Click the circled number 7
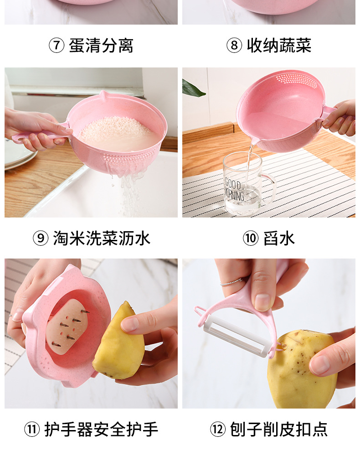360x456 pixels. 57,46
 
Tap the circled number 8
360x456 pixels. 234,46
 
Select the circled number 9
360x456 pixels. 41,238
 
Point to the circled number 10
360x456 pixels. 250,238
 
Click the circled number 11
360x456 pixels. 31,430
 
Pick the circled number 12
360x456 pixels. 217,430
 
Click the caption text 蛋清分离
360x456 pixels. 101,46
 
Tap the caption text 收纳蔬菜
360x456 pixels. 279,46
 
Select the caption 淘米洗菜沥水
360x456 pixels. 101,238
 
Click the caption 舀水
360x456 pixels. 279,238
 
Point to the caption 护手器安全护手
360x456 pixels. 101,430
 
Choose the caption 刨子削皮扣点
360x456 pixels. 278,430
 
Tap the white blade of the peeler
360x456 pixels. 237,336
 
